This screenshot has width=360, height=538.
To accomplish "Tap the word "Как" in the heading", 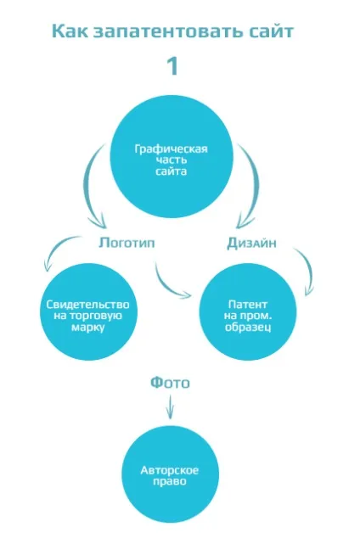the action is pos(70,31).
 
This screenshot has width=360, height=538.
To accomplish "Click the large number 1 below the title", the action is pos(172,66).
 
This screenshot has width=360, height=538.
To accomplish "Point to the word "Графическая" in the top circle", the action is pos(172,149).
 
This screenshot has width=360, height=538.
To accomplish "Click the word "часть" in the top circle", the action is pos(172,160).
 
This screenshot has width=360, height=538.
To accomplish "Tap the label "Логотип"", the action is pos(127,243).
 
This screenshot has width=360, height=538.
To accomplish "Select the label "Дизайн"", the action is pos(251,243).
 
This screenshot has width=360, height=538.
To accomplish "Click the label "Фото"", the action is pos(170,382).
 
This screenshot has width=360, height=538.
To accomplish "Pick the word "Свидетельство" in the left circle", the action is pos(87,305).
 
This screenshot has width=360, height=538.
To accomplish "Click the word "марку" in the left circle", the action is pos(87,327).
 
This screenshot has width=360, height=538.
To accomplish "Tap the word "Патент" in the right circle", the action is pos(248,305).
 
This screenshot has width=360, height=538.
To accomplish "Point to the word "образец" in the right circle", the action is pos(248,327).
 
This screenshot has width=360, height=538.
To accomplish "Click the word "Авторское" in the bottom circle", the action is pos(170,470).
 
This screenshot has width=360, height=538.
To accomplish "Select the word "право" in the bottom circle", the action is pos(170,481).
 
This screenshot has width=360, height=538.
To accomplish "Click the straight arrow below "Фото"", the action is pos(170,406).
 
